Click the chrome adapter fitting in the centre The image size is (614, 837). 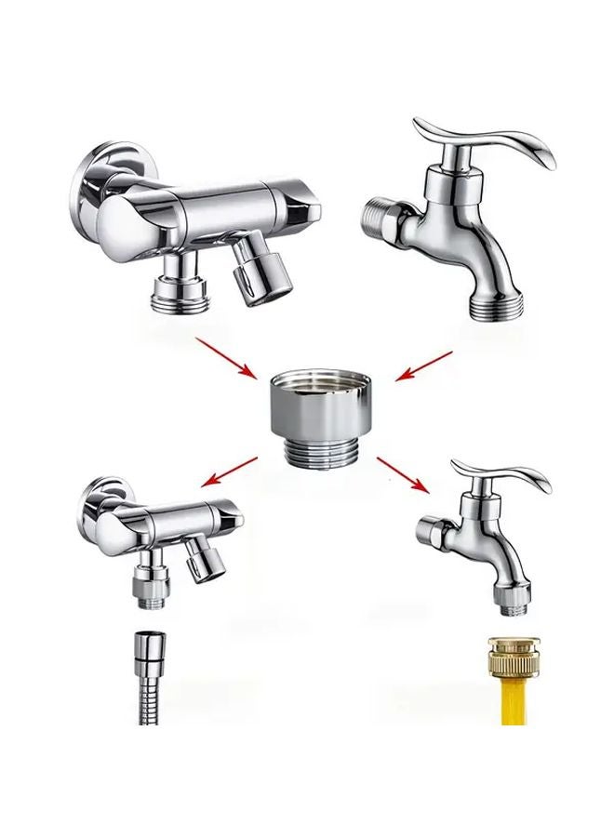(322, 409)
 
